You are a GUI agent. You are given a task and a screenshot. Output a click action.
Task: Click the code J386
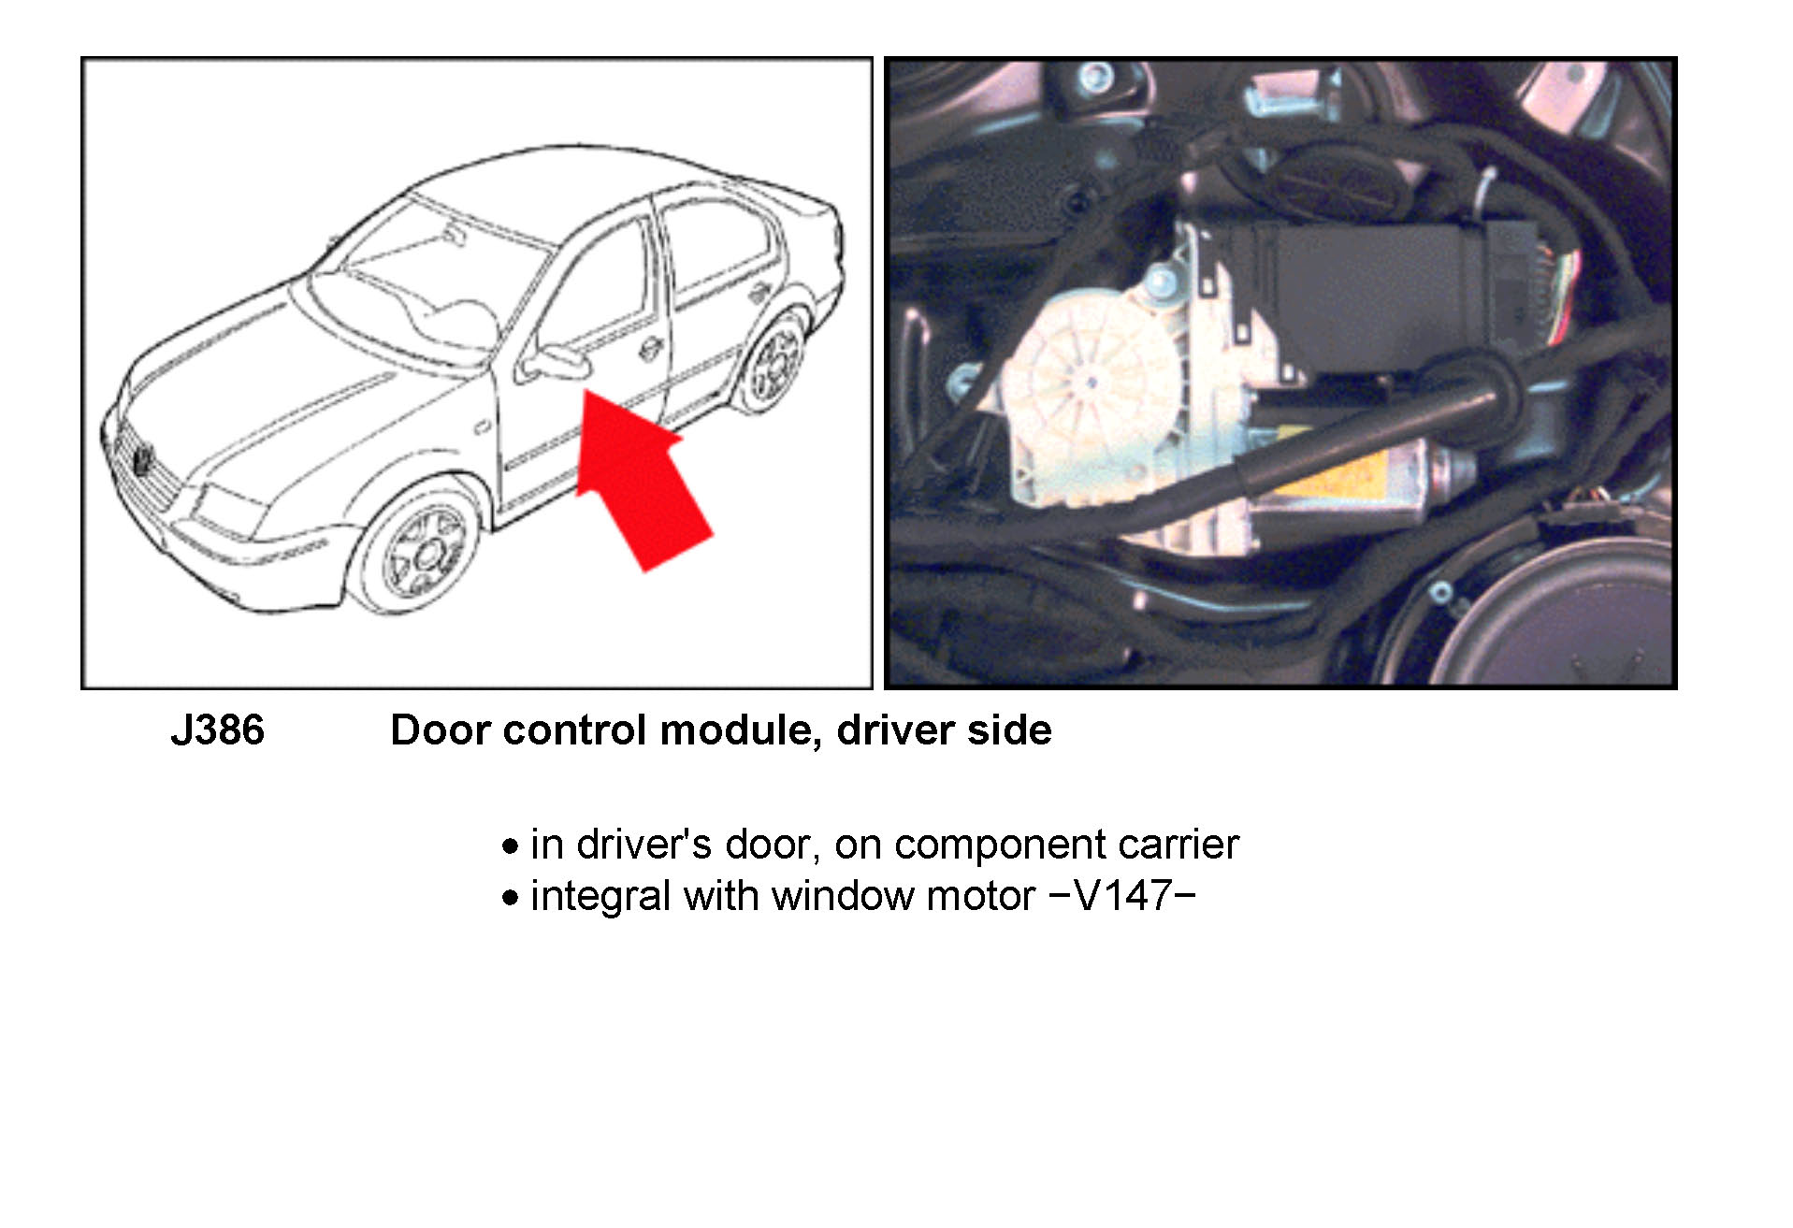tap(218, 730)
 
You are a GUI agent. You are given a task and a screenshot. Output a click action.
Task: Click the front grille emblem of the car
tap(142, 459)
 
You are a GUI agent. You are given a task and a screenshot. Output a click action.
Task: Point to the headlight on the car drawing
tap(224, 510)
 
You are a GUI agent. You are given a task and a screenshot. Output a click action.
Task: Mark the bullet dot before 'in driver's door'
tap(510, 846)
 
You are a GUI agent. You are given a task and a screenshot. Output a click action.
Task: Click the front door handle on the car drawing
tap(649, 349)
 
